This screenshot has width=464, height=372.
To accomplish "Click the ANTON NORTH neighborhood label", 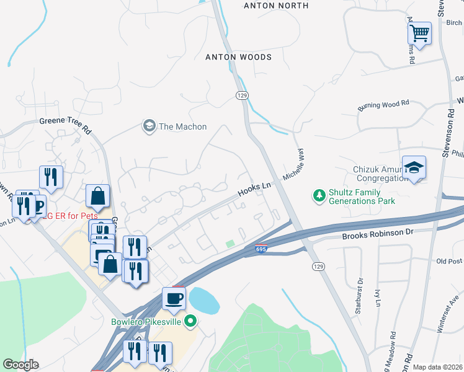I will pos(276,6).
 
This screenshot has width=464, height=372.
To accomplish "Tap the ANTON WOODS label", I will pos(239,57).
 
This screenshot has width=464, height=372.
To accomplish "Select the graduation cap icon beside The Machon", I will pos(149,126).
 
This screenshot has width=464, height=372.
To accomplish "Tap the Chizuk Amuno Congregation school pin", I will pos(414,167).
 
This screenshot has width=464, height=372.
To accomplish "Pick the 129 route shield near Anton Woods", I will pos(242,94).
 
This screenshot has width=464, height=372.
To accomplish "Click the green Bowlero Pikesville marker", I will pos(191,321).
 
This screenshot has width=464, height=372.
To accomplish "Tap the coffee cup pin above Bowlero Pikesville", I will pos(174,299).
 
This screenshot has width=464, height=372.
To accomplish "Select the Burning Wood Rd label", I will pos(383,106).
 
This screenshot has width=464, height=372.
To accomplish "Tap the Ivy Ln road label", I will pos(377,298).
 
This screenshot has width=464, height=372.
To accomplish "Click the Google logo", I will pos(20,365).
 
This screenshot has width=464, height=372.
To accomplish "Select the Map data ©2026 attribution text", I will pos(437,367).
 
